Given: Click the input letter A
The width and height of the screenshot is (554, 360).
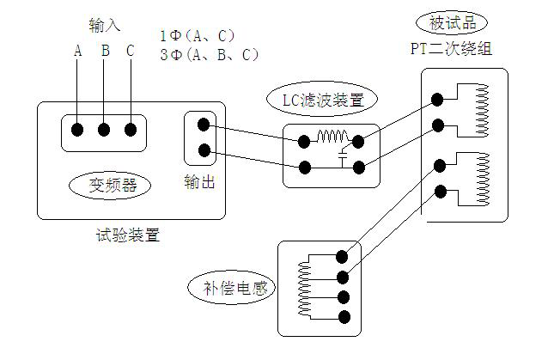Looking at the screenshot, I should (x=77, y=51).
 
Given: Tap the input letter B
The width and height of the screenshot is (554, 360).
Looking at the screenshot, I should (x=105, y=51).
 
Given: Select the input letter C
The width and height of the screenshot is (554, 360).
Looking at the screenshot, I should (x=131, y=51).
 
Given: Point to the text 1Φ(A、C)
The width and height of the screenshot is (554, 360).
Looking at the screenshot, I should (x=198, y=36).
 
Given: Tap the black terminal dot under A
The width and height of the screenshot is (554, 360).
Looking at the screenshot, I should (x=77, y=130).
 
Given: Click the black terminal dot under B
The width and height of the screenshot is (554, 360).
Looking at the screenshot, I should (x=104, y=130).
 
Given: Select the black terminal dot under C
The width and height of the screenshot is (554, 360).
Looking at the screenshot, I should (x=131, y=130).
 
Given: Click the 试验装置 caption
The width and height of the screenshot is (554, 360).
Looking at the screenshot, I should (x=129, y=235).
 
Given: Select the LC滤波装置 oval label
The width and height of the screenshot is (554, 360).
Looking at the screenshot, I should (x=323, y=100).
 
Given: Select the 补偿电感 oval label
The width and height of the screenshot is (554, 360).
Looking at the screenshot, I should (x=231, y=287).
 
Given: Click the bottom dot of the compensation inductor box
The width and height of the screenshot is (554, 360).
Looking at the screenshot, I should (x=344, y=317).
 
